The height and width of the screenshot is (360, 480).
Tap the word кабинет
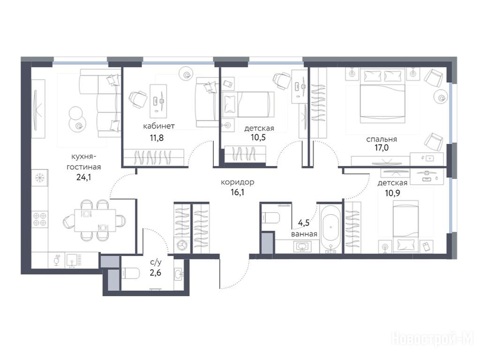tap(159, 126)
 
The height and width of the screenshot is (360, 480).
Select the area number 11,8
tap(157, 138)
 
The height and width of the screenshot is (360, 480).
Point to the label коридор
tap(238, 182)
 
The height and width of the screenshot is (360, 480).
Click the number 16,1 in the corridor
tap(237, 193)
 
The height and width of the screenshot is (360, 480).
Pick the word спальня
tap(382, 139)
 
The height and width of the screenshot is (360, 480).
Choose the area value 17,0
tap(382, 148)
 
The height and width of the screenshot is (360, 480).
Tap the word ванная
tap(304, 234)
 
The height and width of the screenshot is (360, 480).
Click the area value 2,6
tap(156, 272)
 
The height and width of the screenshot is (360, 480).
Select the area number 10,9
tap(392, 193)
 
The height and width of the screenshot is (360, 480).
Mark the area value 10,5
tap(258, 137)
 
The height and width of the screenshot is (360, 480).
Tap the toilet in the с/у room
tap(131, 273)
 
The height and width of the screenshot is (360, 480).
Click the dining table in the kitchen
tap(95, 221)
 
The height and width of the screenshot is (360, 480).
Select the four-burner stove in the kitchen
tap(40, 219)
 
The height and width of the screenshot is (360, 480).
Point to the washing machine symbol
tap(182, 246)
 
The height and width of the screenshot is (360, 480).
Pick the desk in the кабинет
tap(158, 101)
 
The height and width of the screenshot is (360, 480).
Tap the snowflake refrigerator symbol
tap(39, 177)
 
